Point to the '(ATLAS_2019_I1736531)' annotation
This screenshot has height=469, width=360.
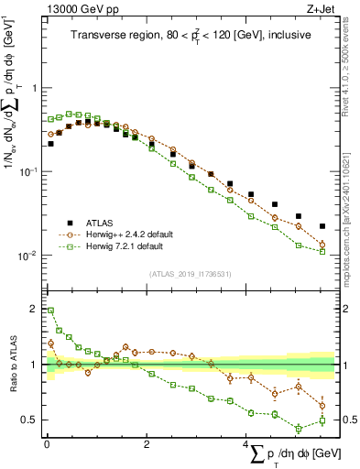point(190,273)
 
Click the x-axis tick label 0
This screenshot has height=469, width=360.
point(47,443)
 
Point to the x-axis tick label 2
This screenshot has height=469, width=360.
point(147,443)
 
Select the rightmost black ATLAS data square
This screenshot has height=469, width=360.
point(322,226)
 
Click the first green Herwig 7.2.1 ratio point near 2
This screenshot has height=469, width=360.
point(50,311)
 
